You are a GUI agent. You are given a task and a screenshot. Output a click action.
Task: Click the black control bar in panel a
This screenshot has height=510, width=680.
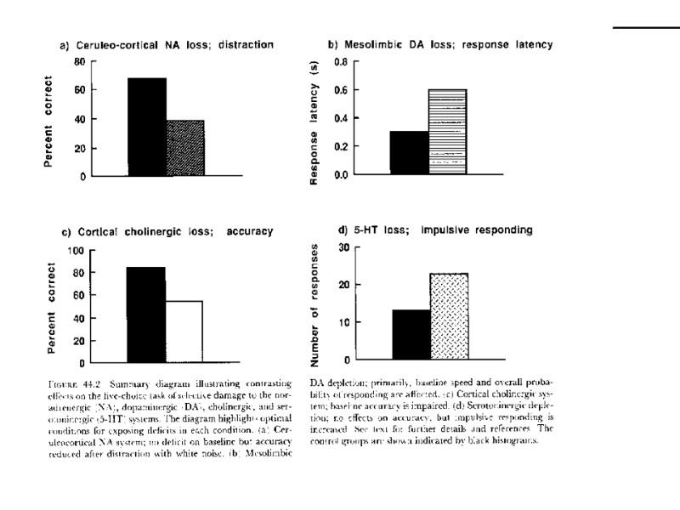point(146,127)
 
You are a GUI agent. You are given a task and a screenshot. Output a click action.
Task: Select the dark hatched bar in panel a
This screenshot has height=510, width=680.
point(184,148)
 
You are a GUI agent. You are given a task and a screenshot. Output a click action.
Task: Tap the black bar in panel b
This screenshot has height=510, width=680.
point(408,153)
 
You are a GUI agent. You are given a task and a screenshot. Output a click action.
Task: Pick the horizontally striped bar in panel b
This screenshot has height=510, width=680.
point(447,132)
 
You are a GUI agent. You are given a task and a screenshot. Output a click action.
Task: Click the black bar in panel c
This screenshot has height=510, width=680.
point(145,314)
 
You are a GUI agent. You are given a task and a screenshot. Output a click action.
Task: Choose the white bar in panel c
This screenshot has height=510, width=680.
point(184,331)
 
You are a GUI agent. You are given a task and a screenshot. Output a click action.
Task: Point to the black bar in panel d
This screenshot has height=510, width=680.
point(411,335)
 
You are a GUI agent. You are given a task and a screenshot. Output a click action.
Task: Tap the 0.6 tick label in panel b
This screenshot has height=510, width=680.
point(341,90)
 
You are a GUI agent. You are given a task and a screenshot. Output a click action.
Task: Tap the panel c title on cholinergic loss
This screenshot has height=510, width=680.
point(166,231)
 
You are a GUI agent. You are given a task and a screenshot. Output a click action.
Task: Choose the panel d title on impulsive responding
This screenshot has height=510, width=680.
point(435,229)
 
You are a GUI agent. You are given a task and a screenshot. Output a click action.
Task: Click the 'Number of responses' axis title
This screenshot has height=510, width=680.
point(317,303)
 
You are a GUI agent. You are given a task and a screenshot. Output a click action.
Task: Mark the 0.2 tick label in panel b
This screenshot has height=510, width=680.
point(341,147)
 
